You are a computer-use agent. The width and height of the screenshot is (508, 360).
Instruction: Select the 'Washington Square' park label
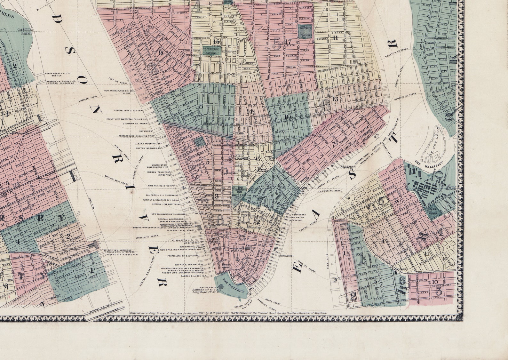(x=211, y=51)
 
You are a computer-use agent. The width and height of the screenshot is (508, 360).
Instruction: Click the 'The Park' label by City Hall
(x=238, y=195)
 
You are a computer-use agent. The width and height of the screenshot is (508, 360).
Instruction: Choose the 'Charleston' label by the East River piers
(x=287, y=256)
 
